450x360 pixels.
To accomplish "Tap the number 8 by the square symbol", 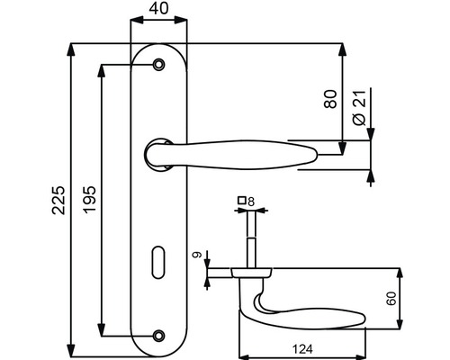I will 251,201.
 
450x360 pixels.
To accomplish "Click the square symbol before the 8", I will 241,201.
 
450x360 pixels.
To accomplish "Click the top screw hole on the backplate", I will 159,64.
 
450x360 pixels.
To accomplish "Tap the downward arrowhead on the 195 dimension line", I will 102,330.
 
